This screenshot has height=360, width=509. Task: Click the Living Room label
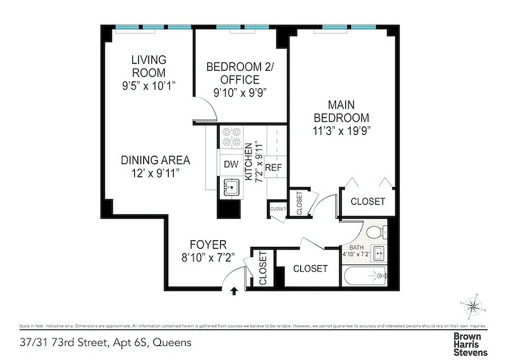(149, 66)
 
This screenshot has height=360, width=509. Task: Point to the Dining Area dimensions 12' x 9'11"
(155, 173)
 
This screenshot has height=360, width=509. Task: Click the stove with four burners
(231, 137)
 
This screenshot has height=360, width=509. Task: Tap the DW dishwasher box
(231, 164)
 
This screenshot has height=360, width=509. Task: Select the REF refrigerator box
(273, 167)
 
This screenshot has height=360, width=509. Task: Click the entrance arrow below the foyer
(234, 292)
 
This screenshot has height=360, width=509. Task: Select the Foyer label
(208, 245)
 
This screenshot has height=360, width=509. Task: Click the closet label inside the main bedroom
(368, 201)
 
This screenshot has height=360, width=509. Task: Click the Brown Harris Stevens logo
(470, 344)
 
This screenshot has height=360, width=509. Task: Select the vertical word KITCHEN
(248, 162)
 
